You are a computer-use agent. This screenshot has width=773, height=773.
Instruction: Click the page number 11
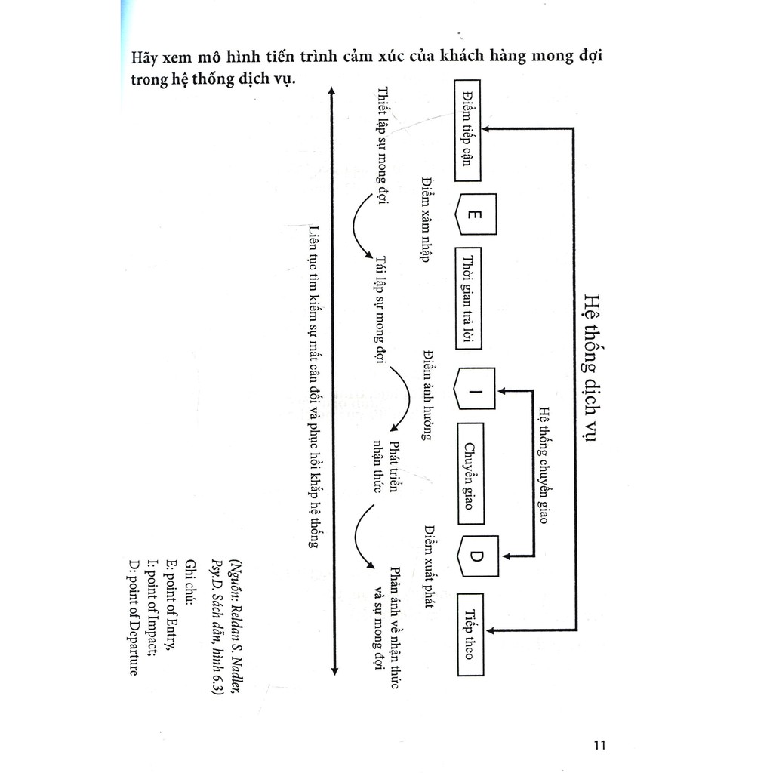click(x=600, y=745)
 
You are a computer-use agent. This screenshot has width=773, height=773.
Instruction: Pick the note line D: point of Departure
click(x=134, y=620)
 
